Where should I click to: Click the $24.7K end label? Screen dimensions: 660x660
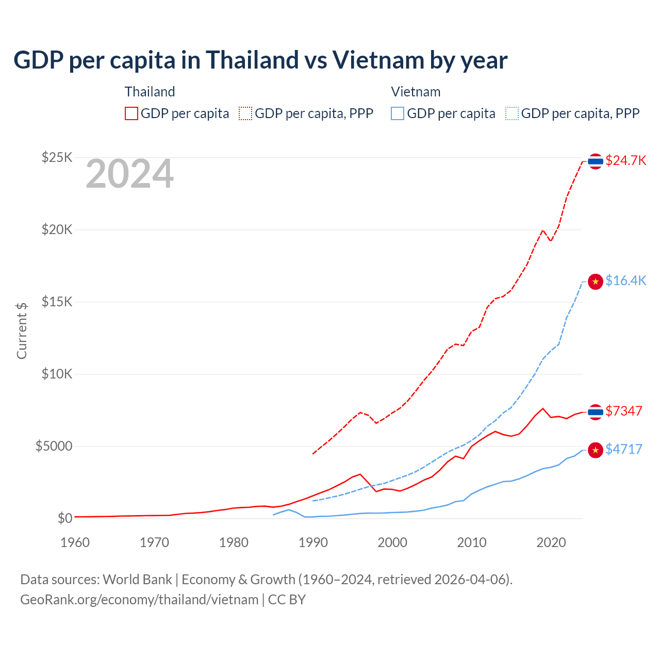point(625,160)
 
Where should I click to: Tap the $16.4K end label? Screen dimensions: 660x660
point(625,280)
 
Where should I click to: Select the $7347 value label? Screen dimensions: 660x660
point(623,411)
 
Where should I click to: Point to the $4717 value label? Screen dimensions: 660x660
point(623,449)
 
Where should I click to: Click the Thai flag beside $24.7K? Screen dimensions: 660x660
point(596,161)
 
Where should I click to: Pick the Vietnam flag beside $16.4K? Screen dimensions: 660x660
point(596,282)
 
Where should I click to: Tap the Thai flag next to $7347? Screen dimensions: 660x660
point(596,412)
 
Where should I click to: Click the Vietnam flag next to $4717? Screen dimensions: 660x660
point(596,450)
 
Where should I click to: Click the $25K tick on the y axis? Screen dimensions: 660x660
point(57,157)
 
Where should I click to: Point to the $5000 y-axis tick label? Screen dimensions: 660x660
point(54,446)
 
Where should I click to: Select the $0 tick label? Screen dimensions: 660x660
point(65,518)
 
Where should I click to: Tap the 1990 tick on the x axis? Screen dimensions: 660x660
point(313,542)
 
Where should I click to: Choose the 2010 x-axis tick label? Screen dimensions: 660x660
point(472,542)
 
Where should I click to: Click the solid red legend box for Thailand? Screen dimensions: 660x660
point(131,113)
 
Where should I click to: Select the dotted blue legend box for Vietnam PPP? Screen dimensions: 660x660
point(512,113)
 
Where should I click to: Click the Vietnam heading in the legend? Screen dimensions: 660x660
point(416,92)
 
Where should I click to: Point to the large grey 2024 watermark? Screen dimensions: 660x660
point(129,174)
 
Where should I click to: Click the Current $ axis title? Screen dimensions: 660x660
point(22,331)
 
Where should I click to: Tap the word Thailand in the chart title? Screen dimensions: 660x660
point(253,60)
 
